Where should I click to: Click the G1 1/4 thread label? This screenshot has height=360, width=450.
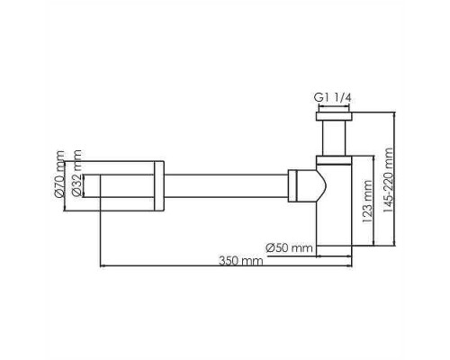(x=332, y=98)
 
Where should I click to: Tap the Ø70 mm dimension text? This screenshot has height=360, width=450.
(x=60, y=174)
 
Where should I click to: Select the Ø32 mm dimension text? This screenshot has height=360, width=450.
(x=76, y=173)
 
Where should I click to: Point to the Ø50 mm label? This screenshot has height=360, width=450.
(x=289, y=248)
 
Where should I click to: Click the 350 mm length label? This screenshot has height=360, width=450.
(x=240, y=261)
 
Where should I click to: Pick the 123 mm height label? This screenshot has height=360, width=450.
(x=367, y=202)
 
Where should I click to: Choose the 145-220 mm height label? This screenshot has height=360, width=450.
(x=388, y=180)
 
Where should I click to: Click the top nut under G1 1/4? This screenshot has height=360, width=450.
(x=334, y=116)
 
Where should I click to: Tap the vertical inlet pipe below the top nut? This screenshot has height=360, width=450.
(x=334, y=138)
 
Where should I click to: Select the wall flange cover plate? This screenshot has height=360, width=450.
(x=159, y=186)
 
